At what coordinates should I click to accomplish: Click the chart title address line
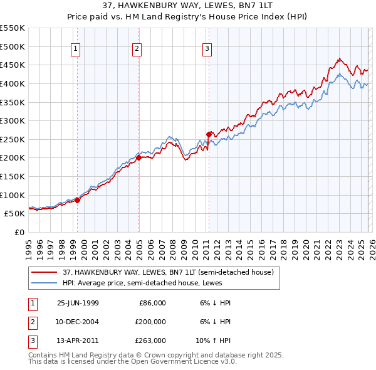tap(187, 6)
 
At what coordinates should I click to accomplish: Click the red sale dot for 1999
tap(78, 200)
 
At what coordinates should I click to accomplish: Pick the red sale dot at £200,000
tap(138, 157)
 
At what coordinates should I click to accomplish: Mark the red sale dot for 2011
tap(209, 134)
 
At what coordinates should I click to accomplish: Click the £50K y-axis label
tap(15, 213)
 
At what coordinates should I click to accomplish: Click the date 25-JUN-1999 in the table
tap(78, 303)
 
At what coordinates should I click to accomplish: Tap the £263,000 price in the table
tap(150, 341)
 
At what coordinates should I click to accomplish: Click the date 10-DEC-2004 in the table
tap(78, 322)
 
